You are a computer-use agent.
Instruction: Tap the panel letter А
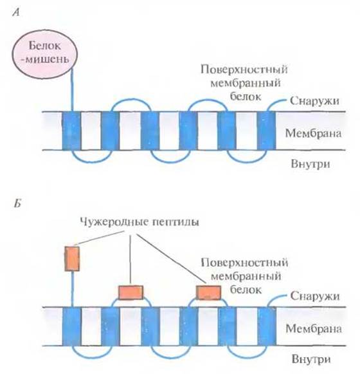pyautogui.click(x=16, y=12)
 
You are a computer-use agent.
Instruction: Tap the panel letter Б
pyautogui.click(x=17, y=203)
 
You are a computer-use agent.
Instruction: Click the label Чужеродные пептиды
pyautogui.click(x=139, y=222)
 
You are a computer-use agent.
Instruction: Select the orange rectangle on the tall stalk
pyautogui.click(x=72, y=259)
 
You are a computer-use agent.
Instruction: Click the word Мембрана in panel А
pyautogui.click(x=313, y=133)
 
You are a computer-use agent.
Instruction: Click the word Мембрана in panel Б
pyautogui.click(x=314, y=329)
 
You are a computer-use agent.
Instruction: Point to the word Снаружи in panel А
pyautogui.click(x=314, y=101)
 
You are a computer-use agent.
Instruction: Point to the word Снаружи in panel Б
pyautogui.click(x=315, y=296)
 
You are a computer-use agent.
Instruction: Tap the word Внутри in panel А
pyautogui.click(x=310, y=164)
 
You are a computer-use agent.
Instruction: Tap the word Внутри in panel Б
pyautogui.click(x=311, y=359)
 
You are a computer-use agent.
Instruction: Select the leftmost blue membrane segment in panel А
pyautogui.click(x=71, y=131)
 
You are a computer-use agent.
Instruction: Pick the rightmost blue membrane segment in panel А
pyautogui.click(x=266, y=131)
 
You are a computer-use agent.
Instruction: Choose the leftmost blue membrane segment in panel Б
pyautogui.click(x=72, y=326)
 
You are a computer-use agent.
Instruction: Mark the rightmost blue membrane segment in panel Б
pyautogui.click(x=267, y=326)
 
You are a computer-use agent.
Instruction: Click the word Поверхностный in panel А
pyautogui.click(x=244, y=70)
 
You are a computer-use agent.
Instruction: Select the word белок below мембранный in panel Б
pyautogui.click(x=246, y=290)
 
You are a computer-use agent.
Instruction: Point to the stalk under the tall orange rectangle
pyautogui.click(x=72, y=289)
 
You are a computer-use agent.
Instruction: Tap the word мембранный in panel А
pyautogui.click(x=246, y=83)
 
